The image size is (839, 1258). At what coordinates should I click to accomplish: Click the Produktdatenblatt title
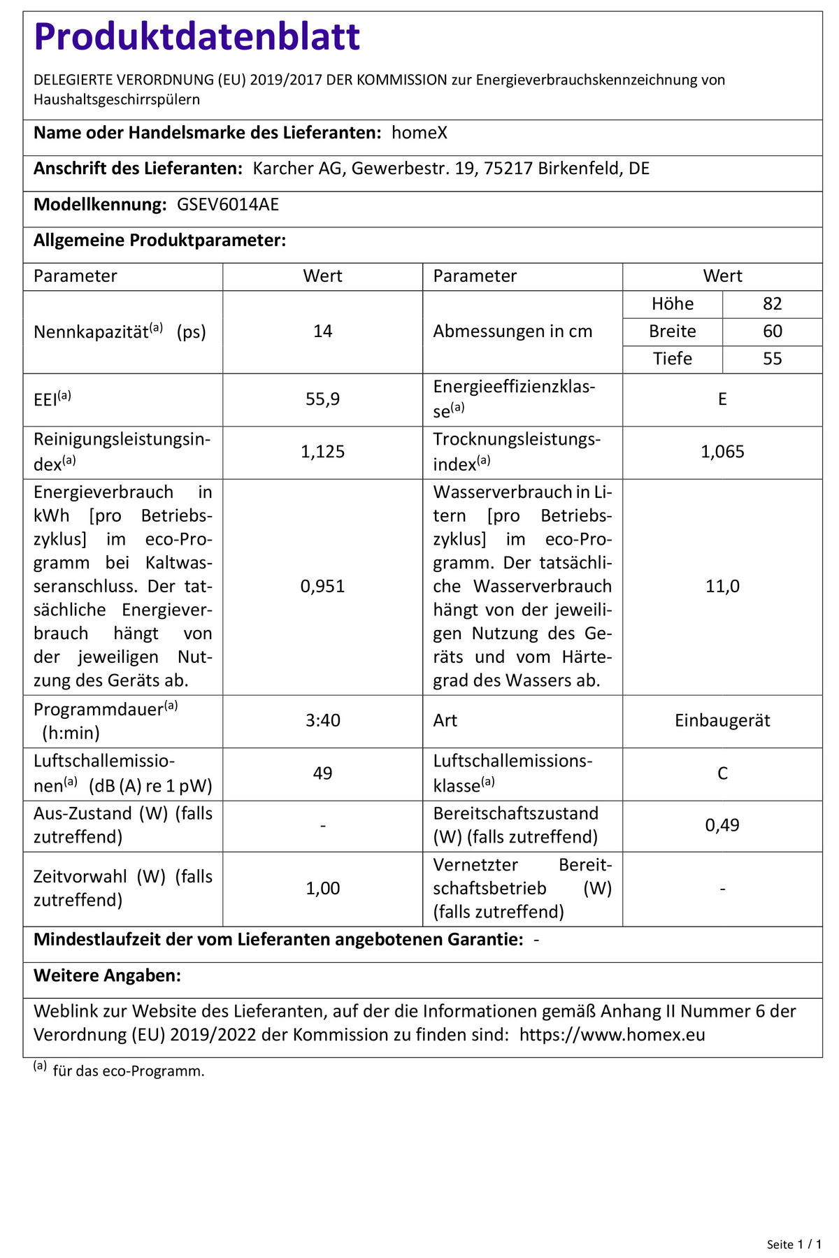(x=196, y=37)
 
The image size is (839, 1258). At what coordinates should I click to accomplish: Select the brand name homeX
(x=419, y=133)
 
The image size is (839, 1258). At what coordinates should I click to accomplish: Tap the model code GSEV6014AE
(x=228, y=205)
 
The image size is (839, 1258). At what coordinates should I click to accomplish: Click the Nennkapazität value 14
(x=322, y=331)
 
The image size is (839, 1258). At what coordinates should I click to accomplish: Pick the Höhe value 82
(x=772, y=304)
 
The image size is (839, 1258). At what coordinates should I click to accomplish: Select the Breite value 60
(x=772, y=331)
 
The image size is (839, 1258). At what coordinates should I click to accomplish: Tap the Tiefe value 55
(x=772, y=359)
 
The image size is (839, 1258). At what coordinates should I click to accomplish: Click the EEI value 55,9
(x=322, y=399)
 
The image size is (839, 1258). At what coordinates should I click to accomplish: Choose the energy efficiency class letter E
(x=722, y=399)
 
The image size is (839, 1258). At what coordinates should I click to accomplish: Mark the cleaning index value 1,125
(x=322, y=452)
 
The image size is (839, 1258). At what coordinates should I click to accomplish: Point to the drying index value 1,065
(x=722, y=452)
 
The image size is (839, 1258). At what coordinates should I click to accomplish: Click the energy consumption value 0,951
(x=322, y=586)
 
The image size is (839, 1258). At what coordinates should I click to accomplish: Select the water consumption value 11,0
(x=722, y=586)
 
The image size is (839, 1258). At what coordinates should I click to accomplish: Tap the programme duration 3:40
(x=322, y=720)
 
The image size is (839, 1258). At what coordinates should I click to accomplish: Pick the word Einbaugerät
(x=722, y=720)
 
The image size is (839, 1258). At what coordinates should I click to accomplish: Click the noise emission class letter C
(x=722, y=773)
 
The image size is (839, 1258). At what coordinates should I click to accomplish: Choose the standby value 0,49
(x=722, y=825)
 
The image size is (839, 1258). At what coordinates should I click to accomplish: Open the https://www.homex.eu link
(x=612, y=1035)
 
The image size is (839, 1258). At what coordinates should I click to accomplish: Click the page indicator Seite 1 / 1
(x=794, y=1244)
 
